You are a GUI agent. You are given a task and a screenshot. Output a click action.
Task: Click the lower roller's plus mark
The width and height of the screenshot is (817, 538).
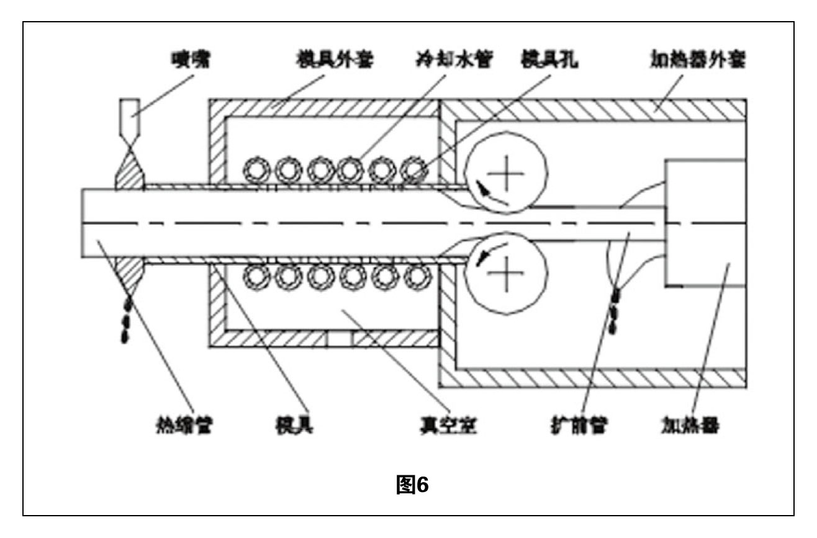[x=508, y=273]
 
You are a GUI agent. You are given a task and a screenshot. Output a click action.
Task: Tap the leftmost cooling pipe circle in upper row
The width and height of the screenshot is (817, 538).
[x=255, y=168]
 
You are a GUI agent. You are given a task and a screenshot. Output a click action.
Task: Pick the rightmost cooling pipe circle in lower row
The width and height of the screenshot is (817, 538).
[x=415, y=276]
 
